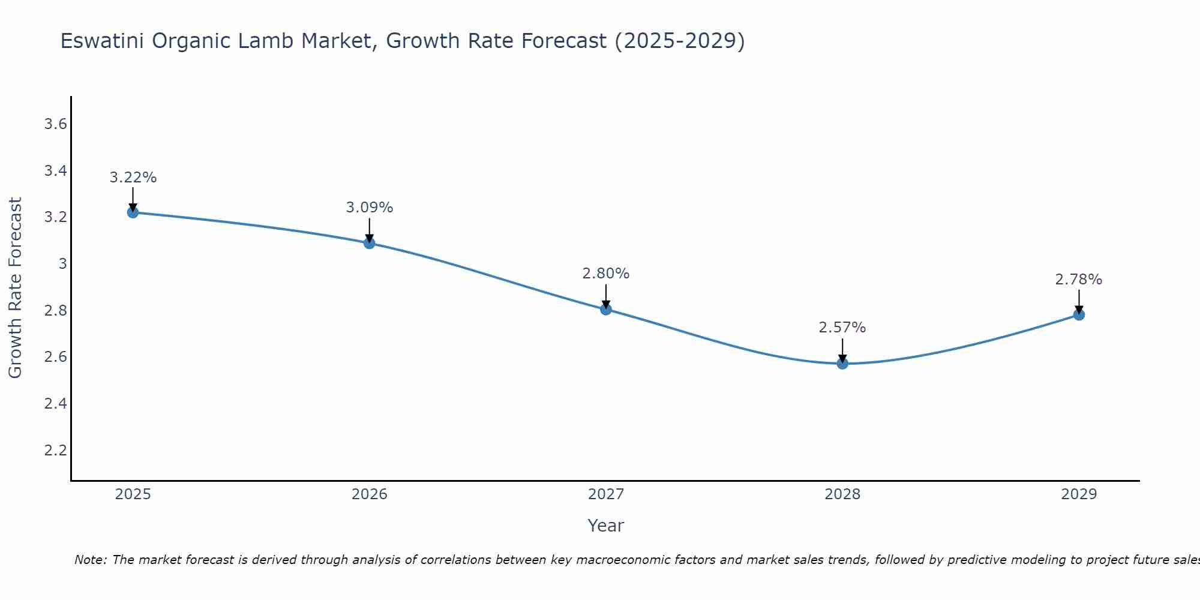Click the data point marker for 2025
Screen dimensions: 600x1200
pyautogui.click(x=133, y=212)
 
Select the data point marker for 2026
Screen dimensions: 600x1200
pyautogui.click(x=370, y=243)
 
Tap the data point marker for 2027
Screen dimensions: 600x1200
pyautogui.click(x=606, y=310)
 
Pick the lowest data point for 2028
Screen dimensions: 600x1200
pyautogui.click(x=842, y=364)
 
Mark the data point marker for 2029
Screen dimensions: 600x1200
pyautogui.click(x=1079, y=314)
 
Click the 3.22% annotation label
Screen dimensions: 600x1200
pyautogui.click(x=133, y=178)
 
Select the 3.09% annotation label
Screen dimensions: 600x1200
pyautogui.click(x=370, y=208)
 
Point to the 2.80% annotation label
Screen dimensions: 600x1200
pyautogui.click(x=606, y=274)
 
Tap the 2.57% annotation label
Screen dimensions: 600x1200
pyautogui.click(x=842, y=328)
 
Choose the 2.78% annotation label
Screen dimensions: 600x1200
pyautogui.click(x=1079, y=280)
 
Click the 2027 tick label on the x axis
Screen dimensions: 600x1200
pyautogui.click(x=606, y=494)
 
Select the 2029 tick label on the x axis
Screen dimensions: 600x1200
pyautogui.click(x=1079, y=494)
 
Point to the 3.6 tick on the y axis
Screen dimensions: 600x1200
pyautogui.click(x=55, y=124)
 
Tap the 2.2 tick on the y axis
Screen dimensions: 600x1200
pyautogui.click(x=55, y=450)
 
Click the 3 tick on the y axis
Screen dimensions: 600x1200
pyautogui.click(x=62, y=263)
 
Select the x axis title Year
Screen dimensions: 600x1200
pyautogui.click(x=606, y=526)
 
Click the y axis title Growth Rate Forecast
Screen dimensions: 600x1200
pyautogui.click(x=15, y=288)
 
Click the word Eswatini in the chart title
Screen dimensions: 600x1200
pyautogui.click(x=102, y=41)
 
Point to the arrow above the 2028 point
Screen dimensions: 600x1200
pyautogui.click(x=842, y=350)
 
